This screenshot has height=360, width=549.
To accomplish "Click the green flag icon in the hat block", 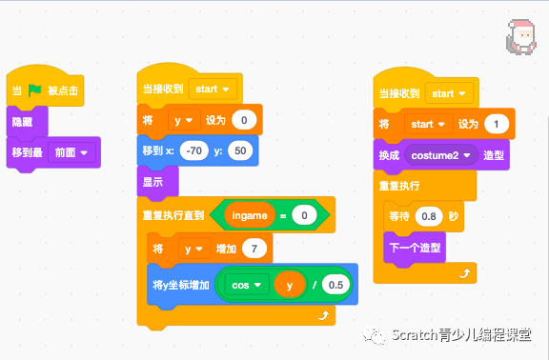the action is (x=35, y=91).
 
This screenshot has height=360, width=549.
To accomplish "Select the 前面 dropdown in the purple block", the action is (x=73, y=152).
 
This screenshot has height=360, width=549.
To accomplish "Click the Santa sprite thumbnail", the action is (x=520, y=36).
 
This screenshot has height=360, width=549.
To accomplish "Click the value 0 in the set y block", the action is (x=244, y=120).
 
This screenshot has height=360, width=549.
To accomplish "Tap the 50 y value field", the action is (x=239, y=150).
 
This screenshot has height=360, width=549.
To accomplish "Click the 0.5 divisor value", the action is (x=335, y=285).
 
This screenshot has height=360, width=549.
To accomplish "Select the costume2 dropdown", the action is (x=440, y=154).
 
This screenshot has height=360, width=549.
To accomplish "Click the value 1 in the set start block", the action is (x=496, y=124).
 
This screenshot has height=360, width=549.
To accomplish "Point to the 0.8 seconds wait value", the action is (x=431, y=216).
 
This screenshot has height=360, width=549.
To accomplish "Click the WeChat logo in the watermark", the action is (x=376, y=334).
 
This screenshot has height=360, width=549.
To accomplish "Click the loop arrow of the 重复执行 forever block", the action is (x=464, y=272).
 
